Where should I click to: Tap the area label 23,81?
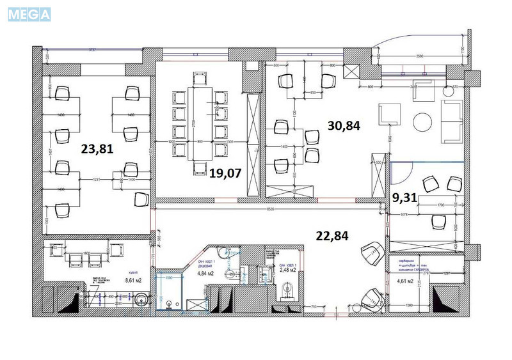click(97, 148)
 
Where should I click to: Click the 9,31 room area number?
click(404, 198)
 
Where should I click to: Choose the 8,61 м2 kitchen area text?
click(135, 279)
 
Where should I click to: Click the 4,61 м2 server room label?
click(404, 280)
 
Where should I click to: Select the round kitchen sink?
click(142, 299)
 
